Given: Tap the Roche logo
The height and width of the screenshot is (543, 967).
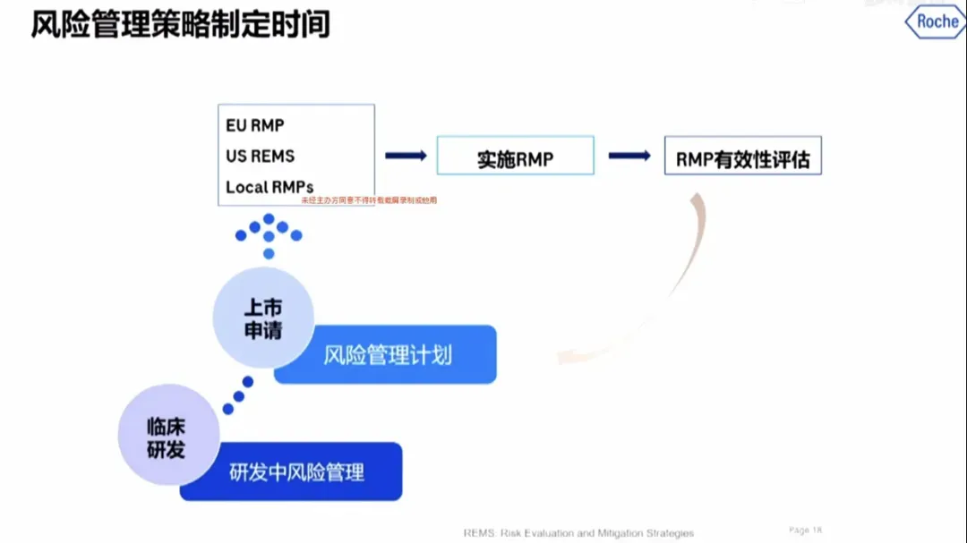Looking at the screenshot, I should (935, 22).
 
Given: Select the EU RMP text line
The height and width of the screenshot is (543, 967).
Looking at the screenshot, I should (254, 125).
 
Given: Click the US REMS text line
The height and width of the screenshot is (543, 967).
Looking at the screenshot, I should (260, 156).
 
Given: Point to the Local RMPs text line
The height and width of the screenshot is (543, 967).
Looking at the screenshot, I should (270, 187).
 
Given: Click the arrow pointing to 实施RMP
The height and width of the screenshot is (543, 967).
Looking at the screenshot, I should (406, 156).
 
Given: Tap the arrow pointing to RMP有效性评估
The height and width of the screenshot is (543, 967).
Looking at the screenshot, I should (629, 156).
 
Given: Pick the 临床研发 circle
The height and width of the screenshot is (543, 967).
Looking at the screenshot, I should (168, 436).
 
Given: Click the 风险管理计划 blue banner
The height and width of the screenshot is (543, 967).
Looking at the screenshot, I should (387, 355).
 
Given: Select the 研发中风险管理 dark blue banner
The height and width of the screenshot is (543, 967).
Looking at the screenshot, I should (295, 471).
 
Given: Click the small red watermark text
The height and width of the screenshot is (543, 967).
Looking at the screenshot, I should (369, 200).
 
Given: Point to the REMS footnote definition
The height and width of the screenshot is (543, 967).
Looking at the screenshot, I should (578, 533).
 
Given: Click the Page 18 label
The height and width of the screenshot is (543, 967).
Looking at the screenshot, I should (805, 530).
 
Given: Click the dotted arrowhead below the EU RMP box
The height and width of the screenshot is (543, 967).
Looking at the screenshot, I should (269, 233).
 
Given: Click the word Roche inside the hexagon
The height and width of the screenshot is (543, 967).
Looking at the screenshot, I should (937, 22).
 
